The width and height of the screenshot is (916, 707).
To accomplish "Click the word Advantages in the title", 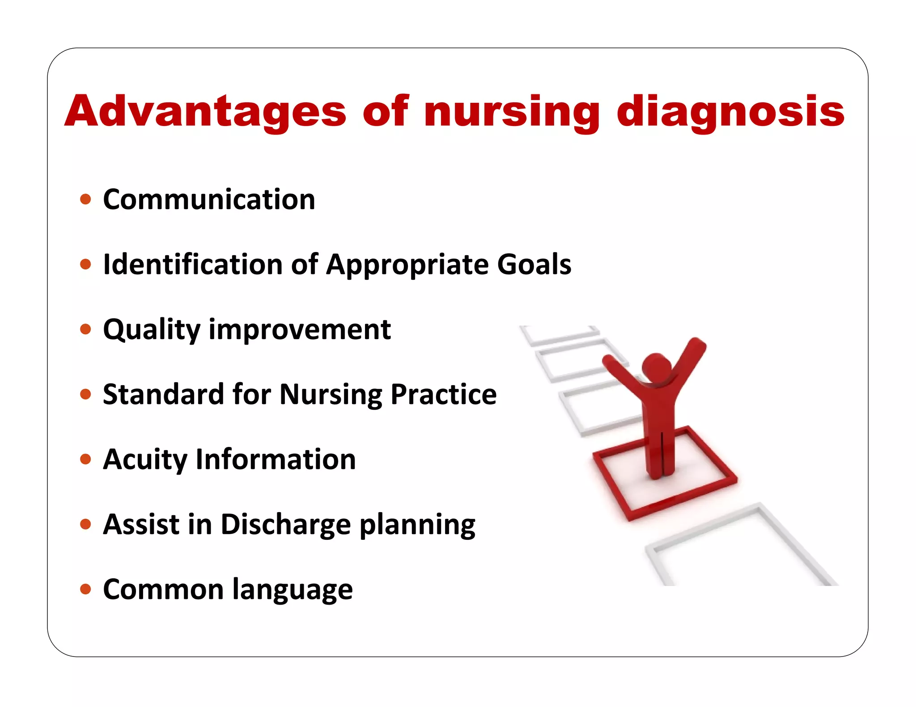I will pos(205,111).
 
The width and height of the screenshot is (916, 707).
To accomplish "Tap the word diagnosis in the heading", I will pos(730,111).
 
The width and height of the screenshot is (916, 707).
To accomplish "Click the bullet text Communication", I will pos(209,199).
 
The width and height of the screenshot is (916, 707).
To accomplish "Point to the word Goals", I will pos(534,264).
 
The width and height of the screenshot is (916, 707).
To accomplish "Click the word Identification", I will pos(192,264).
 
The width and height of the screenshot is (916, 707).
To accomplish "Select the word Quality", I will pos(152,330).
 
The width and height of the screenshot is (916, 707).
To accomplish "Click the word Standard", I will pos(163,394).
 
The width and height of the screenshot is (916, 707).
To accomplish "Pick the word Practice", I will pos(443,394).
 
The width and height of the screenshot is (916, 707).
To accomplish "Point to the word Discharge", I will pos(285,524).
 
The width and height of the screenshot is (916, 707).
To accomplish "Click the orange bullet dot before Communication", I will pos(85,199).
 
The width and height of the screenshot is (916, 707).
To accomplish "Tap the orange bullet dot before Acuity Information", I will pos(85,459).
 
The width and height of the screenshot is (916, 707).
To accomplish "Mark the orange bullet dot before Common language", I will pos(85,589).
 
